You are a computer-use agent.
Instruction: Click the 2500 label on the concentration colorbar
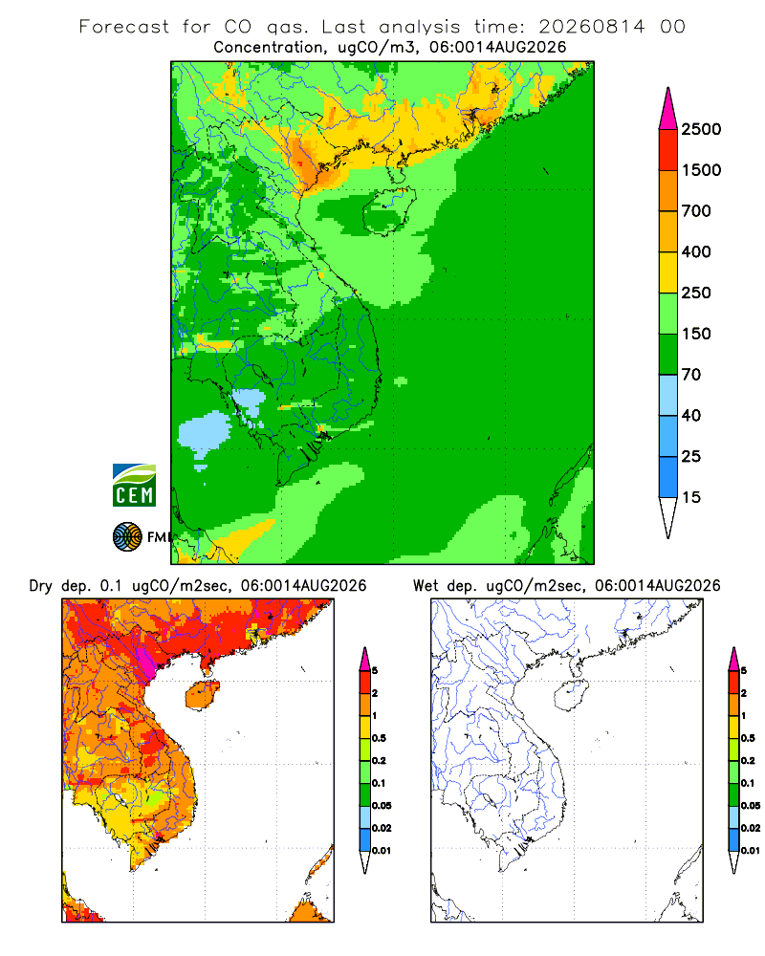(701, 129)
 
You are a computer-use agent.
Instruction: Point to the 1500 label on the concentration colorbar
(701, 170)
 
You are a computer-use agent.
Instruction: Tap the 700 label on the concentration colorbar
(696, 211)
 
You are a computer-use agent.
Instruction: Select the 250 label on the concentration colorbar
(696, 293)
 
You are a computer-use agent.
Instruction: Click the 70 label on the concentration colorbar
(691, 375)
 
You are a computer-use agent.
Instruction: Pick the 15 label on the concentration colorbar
(691, 497)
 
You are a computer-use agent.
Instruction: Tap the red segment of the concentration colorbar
(668, 150)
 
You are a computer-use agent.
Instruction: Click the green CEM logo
(134, 486)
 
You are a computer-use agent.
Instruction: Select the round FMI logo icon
(127, 537)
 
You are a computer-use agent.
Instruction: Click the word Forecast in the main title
(124, 27)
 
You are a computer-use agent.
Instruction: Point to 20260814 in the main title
(591, 27)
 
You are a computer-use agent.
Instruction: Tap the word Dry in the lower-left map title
(41, 587)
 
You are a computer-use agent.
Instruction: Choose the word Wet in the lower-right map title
(426, 586)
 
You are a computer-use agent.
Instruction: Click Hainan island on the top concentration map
(389, 211)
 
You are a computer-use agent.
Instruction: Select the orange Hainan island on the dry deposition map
(203, 695)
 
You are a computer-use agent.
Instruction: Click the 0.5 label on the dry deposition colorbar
(379, 738)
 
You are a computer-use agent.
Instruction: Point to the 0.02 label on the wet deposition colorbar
(751, 828)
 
